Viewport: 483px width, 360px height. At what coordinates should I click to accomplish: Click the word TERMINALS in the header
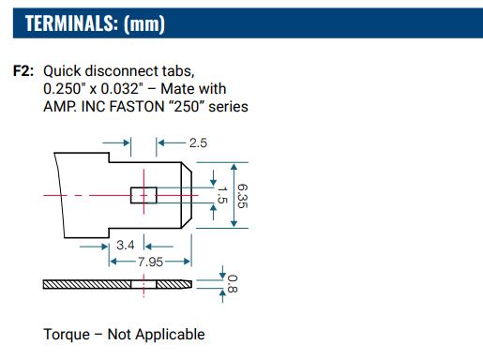coord(69,23)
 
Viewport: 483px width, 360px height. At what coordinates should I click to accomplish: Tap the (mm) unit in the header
coord(144,24)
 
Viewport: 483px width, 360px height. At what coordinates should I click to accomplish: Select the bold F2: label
coord(23,71)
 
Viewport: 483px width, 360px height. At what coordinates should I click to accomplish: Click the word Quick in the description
coord(62,71)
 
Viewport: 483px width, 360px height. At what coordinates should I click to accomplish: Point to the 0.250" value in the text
coord(65,89)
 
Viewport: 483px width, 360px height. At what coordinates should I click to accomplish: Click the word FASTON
coord(138,107)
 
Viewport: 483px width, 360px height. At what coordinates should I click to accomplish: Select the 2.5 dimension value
coord(198,143)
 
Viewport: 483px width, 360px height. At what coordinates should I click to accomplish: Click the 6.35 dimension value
coord(242,196)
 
